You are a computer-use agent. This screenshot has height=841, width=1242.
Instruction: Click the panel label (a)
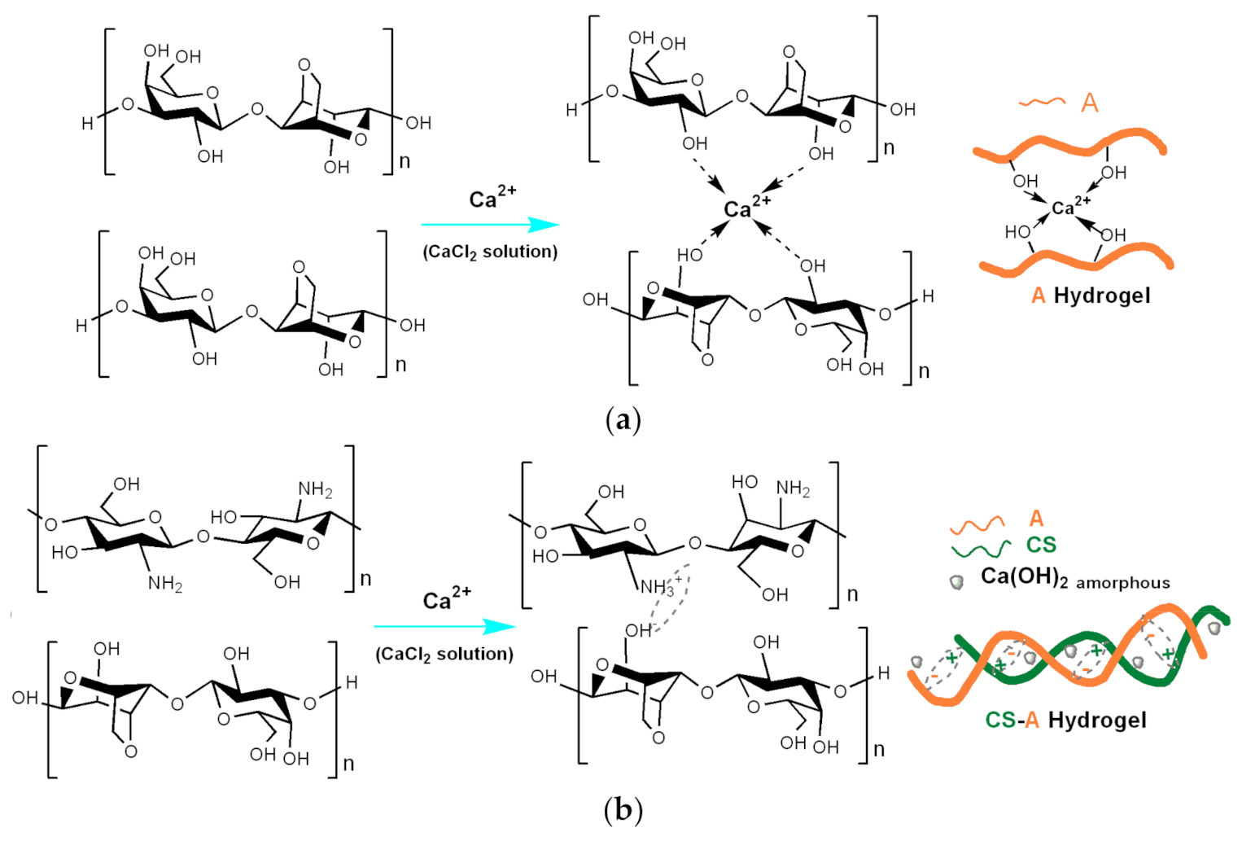(623, 420)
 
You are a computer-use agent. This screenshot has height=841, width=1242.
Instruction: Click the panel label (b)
(623, 810)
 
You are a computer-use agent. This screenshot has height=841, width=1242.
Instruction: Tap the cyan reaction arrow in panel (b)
(444, 626)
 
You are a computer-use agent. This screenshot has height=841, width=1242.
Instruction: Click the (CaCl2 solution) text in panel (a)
(490, 252)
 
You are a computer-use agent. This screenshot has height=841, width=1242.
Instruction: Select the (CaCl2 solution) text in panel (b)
(444, 654)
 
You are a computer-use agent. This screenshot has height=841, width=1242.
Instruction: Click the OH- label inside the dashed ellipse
(639, 630)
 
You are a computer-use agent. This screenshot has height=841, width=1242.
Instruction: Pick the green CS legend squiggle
(981, 550)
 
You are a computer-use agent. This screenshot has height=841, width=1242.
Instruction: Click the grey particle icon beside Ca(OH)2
(957, 582)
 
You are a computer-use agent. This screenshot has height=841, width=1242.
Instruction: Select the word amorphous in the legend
(1122, 583)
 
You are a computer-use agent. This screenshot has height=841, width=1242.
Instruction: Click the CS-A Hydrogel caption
(1065, 720)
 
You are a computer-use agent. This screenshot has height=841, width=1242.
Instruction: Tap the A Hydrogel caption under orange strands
(1091, 295)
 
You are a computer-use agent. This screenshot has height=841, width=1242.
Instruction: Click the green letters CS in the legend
(1041, 545)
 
